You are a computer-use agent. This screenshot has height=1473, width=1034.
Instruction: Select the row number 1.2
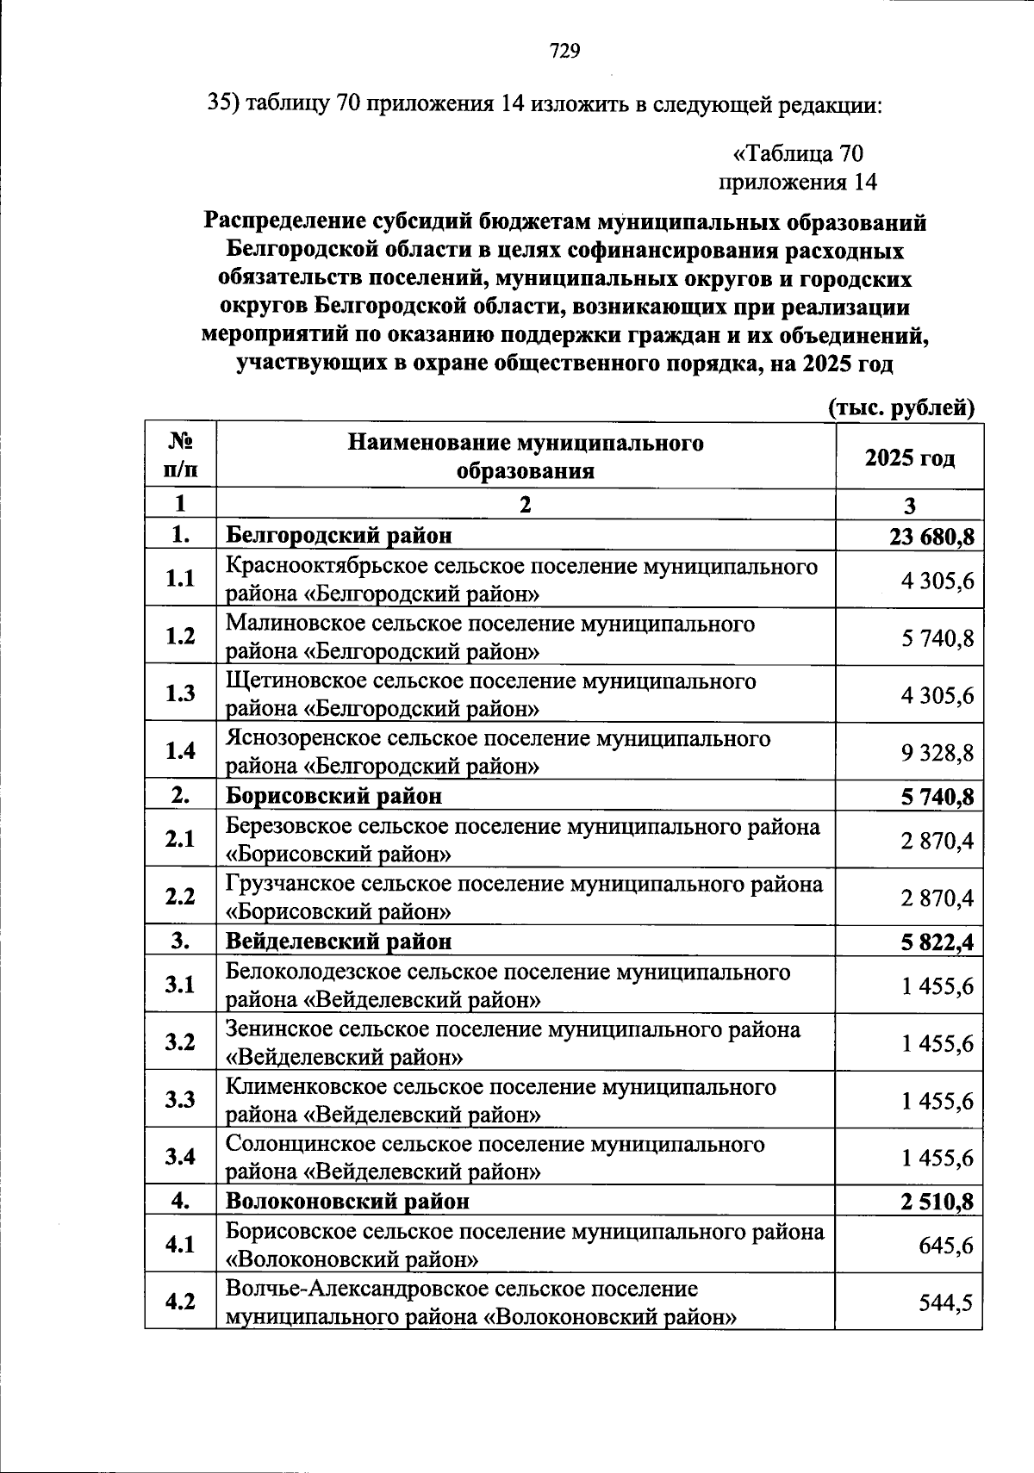tap(180, 636)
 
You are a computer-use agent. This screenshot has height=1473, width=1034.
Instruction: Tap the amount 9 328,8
tap(937, 753)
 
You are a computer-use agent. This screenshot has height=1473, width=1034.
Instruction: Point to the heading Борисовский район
tap(333, 795)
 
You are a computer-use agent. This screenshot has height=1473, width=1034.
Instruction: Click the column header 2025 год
tap(910, 457)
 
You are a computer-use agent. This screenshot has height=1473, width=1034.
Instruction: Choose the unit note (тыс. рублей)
tap(900, 407)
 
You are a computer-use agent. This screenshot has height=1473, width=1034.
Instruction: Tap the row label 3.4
tap(180, 1156)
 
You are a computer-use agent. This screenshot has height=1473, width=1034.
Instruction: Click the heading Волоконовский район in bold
tap(348, 1200)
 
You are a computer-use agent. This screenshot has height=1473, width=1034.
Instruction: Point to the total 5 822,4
tap(937, 942)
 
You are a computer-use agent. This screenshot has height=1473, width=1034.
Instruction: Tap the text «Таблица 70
tap(797, 153)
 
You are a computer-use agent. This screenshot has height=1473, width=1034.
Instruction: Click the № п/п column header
tap(180, 456)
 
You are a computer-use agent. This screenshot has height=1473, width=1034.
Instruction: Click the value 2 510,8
tap(937, 1201)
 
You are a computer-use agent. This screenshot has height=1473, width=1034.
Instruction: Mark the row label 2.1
tap(180, 838)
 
